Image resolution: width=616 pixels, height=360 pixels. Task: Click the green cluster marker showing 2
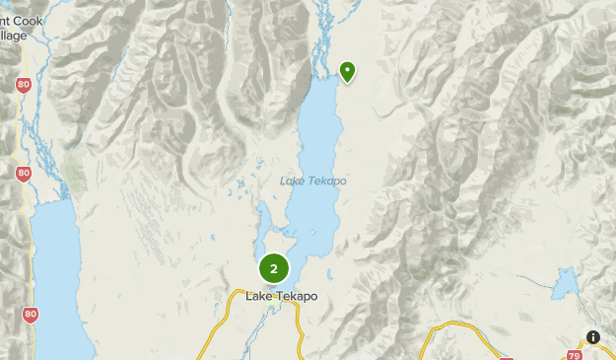point(274,268)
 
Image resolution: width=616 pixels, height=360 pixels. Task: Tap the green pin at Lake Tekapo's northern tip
point(347,70)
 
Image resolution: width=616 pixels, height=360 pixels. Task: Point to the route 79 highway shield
point(573,354)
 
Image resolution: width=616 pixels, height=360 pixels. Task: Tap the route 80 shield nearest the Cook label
point(23,86)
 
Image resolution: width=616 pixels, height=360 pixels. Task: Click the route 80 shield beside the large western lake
point(31,315)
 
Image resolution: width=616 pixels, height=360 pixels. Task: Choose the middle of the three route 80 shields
point(23,174)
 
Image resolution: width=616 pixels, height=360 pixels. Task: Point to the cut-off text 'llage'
point(14,36)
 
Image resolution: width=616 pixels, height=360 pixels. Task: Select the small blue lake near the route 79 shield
point(565,286)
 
